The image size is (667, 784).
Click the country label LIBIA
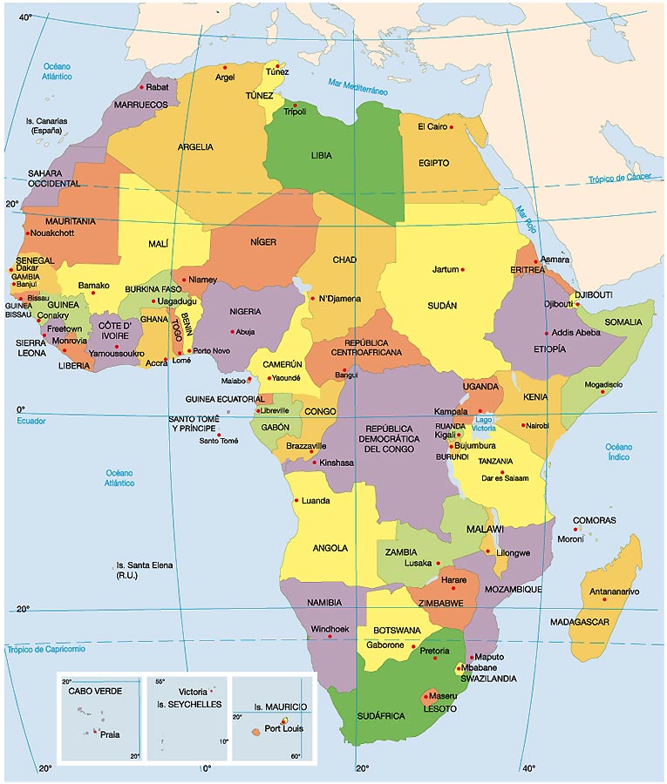pyautogui.click(x=322, y=156)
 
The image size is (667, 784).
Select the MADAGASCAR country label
pyautogui.click(x=579, y=622)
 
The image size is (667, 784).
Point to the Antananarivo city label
pyautogui.click(x=614, y=592)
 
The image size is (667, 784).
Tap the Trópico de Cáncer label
pyautogui.click(x=619, y=179)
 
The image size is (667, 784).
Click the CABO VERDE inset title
pyautogui.click(x=96, y=691)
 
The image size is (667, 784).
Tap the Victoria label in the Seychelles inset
pyautogui.click(x=193, y=692)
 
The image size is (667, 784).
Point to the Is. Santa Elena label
pyautogui.click(x=144, y=571)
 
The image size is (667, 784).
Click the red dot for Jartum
pyautogui.click(x=463, y=269)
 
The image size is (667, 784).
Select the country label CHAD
pyautogui.click(x=344, y=260)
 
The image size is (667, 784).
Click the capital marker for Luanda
pyautogui.click(x=297, y=500)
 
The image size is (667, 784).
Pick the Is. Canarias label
pyautogui.click(x=47, y=125)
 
